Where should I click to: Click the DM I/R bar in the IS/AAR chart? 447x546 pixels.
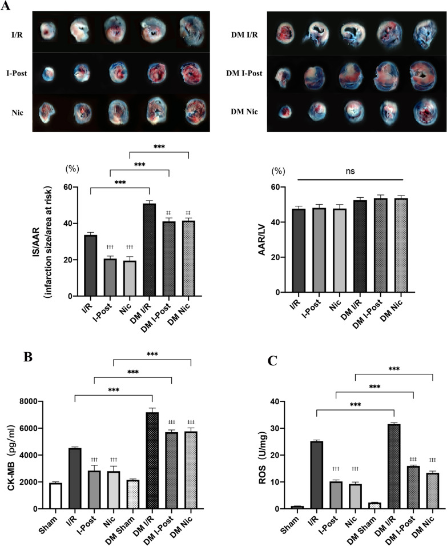(149, 250)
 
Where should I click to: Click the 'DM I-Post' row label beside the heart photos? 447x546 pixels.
(243, 74)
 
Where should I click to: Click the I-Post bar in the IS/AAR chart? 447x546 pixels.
(111, 277)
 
